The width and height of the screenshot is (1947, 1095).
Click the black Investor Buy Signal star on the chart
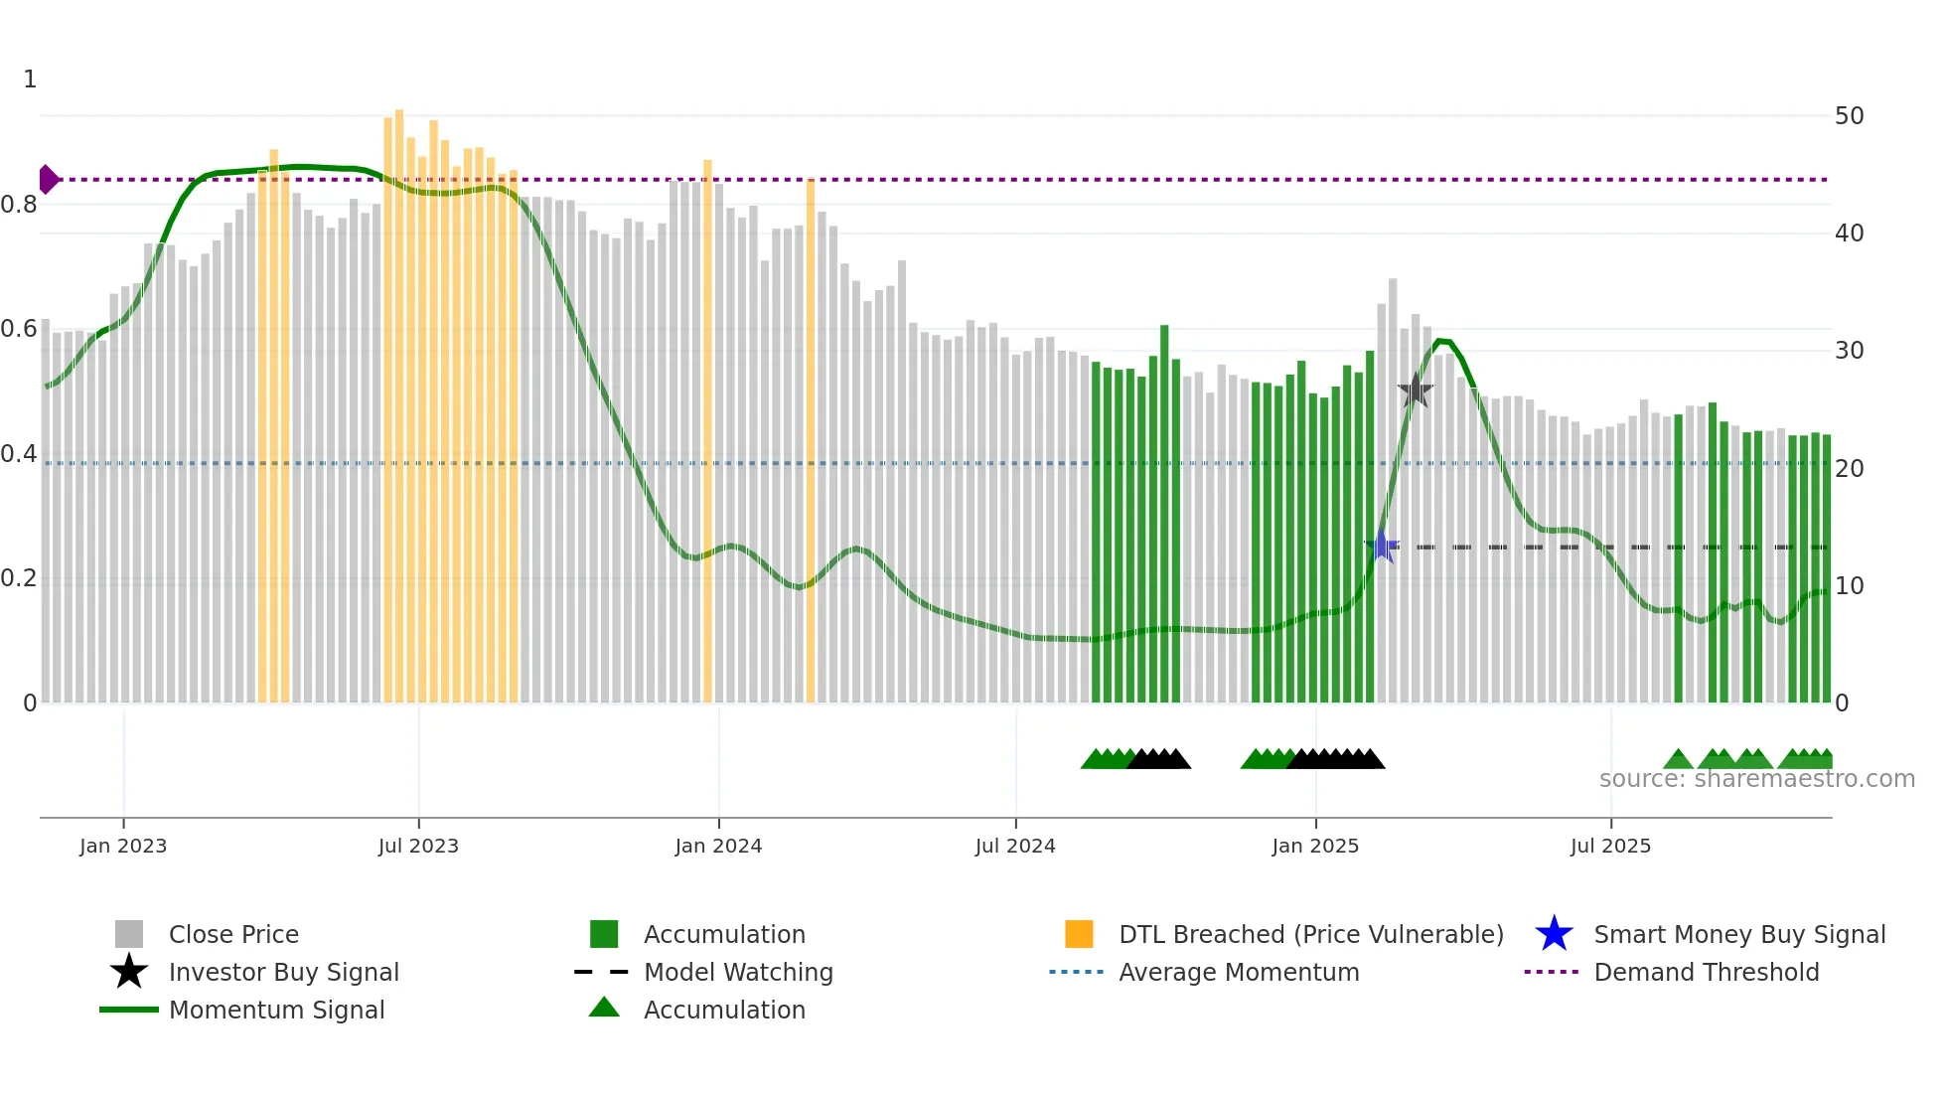point(1415,391)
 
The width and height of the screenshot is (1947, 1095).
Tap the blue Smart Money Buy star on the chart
point(1381,547)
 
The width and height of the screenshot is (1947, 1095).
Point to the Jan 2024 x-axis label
point(718,846)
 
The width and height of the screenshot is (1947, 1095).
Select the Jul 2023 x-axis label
point(418,846)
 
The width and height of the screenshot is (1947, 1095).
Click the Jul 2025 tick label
point(1610,846)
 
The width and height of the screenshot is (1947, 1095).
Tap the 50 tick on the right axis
point(1849,116)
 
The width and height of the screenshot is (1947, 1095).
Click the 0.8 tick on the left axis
point(19,205)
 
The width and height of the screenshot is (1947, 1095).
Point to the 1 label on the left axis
point(30,79)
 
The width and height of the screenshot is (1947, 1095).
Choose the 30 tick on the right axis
point(1849,351)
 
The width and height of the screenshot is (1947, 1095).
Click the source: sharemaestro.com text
point(1756,779)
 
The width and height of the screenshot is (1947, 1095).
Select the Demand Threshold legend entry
point(1706,972)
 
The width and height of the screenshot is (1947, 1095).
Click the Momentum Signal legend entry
point(276,1010)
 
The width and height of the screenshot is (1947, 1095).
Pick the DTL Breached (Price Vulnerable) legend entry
point(1310,934)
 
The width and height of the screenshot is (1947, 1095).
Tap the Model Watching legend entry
point(738,972)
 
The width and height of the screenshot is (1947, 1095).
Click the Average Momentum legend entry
point(1239,972)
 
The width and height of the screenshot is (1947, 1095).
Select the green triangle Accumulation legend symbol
point(604,1008)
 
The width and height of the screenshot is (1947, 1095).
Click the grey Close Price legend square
point(129,934)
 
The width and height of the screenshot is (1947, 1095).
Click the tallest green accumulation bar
point(1164,517)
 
